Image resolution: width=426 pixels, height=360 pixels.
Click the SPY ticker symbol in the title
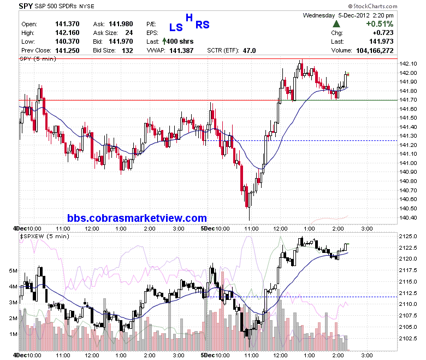(26, 6)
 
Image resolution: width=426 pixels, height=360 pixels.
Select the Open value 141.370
(67, 24)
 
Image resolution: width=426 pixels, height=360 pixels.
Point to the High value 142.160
(67, 33)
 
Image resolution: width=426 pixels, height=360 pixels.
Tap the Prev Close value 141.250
(67, 51)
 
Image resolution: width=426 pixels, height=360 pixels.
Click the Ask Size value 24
(129, 33)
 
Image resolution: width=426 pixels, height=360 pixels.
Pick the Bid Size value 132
(127, 51)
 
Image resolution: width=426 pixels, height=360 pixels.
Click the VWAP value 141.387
(181, 51)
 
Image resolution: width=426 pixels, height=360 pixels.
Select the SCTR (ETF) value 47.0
(250, 51)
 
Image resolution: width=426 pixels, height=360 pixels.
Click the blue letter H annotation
(189, 17)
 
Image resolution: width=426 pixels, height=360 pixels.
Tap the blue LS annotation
(176, 27)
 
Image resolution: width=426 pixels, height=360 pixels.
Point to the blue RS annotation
(203, 25)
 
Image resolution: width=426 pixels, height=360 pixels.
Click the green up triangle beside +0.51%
(336, 24)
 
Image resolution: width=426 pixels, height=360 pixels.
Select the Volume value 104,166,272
(375, 51)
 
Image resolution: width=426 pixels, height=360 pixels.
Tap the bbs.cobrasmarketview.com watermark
(137, 218)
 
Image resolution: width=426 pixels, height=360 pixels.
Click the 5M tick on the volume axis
(13, 270)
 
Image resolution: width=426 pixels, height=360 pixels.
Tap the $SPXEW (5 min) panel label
(45, 236)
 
